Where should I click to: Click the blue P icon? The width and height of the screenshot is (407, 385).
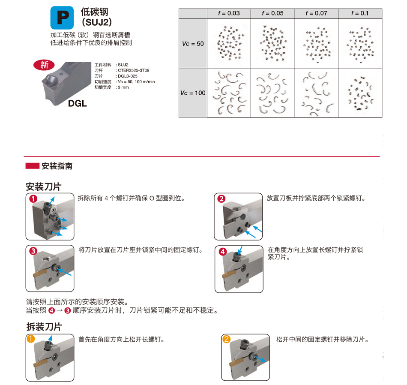(62, 18)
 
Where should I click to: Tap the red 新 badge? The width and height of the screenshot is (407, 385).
(44, 65)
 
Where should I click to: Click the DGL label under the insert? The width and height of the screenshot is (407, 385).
(78, 103)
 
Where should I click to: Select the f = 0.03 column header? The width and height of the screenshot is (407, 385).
(229, 13)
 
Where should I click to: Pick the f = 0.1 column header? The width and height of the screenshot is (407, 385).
(360, 13)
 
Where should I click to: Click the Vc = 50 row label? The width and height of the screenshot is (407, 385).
(193, 44)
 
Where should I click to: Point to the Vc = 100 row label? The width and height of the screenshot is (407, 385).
(193, 93)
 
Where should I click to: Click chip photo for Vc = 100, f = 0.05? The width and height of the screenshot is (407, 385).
(272, 93)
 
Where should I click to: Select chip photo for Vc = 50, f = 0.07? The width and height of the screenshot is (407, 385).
(317, 44)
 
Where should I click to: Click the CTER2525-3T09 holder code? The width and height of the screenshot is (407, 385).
(133, 70)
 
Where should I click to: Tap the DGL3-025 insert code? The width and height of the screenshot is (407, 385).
(127, 76)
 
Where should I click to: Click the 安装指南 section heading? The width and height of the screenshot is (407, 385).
(57, 166)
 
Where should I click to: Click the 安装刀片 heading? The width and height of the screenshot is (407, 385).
(43, 186)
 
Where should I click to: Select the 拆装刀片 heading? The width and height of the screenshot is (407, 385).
(44, 327)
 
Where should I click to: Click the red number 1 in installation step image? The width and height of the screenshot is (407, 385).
(33, 199)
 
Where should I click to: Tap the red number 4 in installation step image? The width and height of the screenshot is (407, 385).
(223, 252)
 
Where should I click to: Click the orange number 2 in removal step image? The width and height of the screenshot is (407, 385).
(226, 339)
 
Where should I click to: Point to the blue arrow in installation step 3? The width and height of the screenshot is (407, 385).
(65, 272)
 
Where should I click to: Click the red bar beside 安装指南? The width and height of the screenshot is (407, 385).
(33, 166)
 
